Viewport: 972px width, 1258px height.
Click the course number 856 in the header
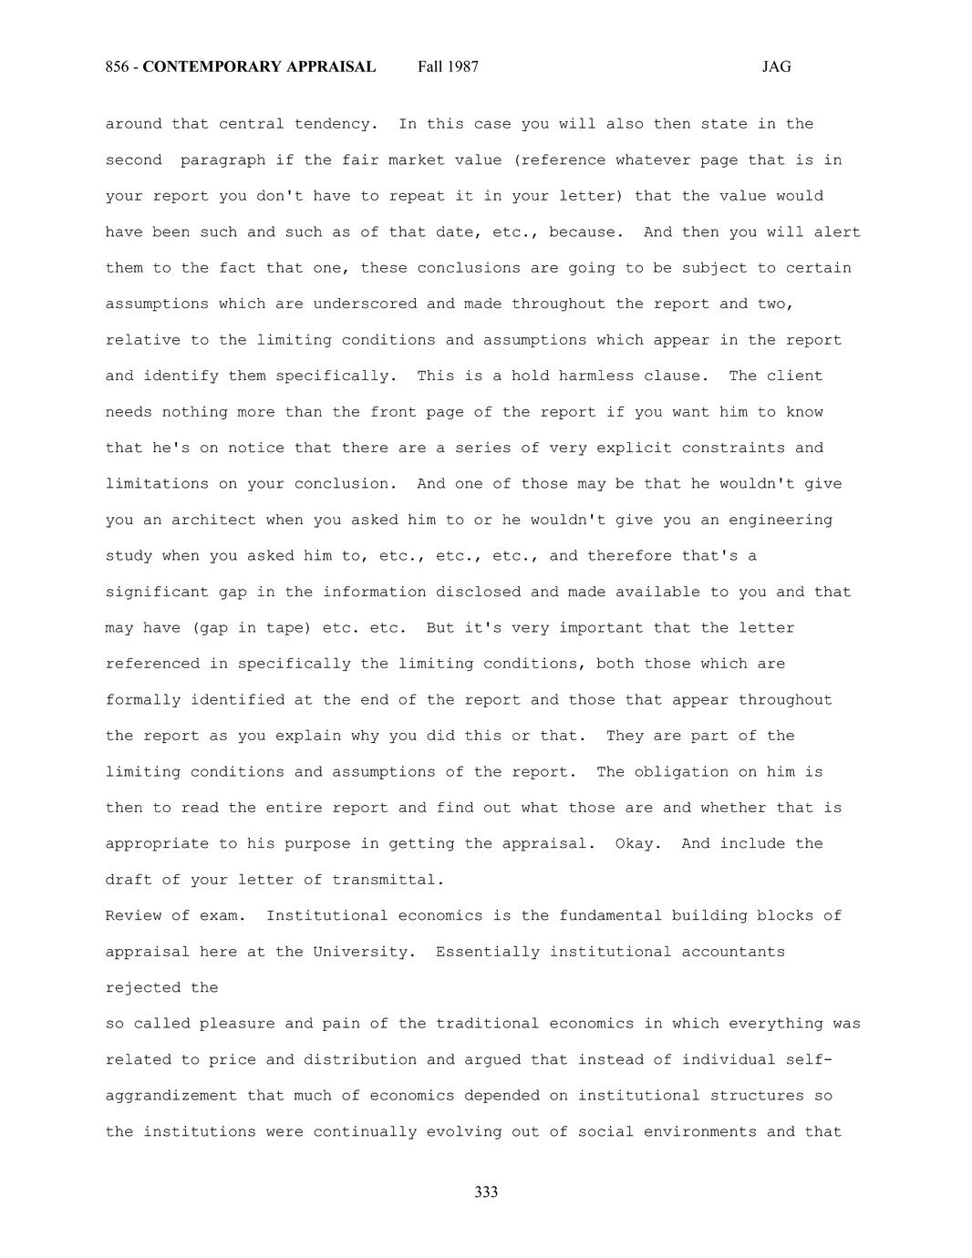(x=116, y=67)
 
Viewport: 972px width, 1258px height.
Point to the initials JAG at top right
(x=776, y=67)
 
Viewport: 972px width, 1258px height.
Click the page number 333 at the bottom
(x=486, y=1192)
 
